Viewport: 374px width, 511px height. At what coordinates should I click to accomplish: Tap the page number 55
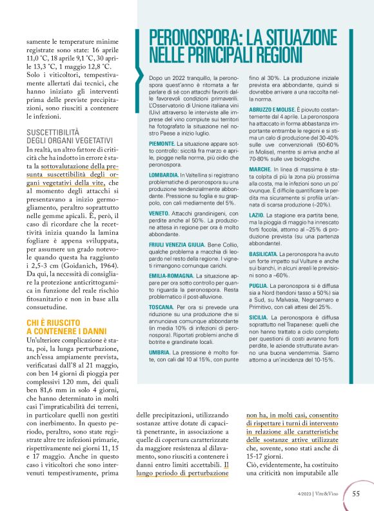pyautogui.click(x=355, y=494)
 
